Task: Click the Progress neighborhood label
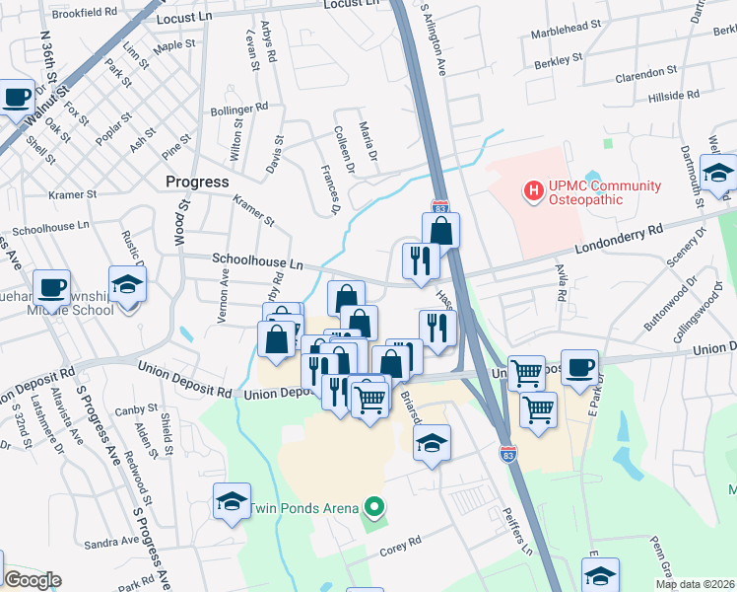(x=197, y=182)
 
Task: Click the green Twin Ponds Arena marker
(x=373, y=509)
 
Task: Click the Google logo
(x=32, y=580)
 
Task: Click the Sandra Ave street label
(x=111, y=542)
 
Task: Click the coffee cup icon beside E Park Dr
(x=579, y=366)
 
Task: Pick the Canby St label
(x=136, y=408)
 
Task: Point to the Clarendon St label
(x=647, y=74)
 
